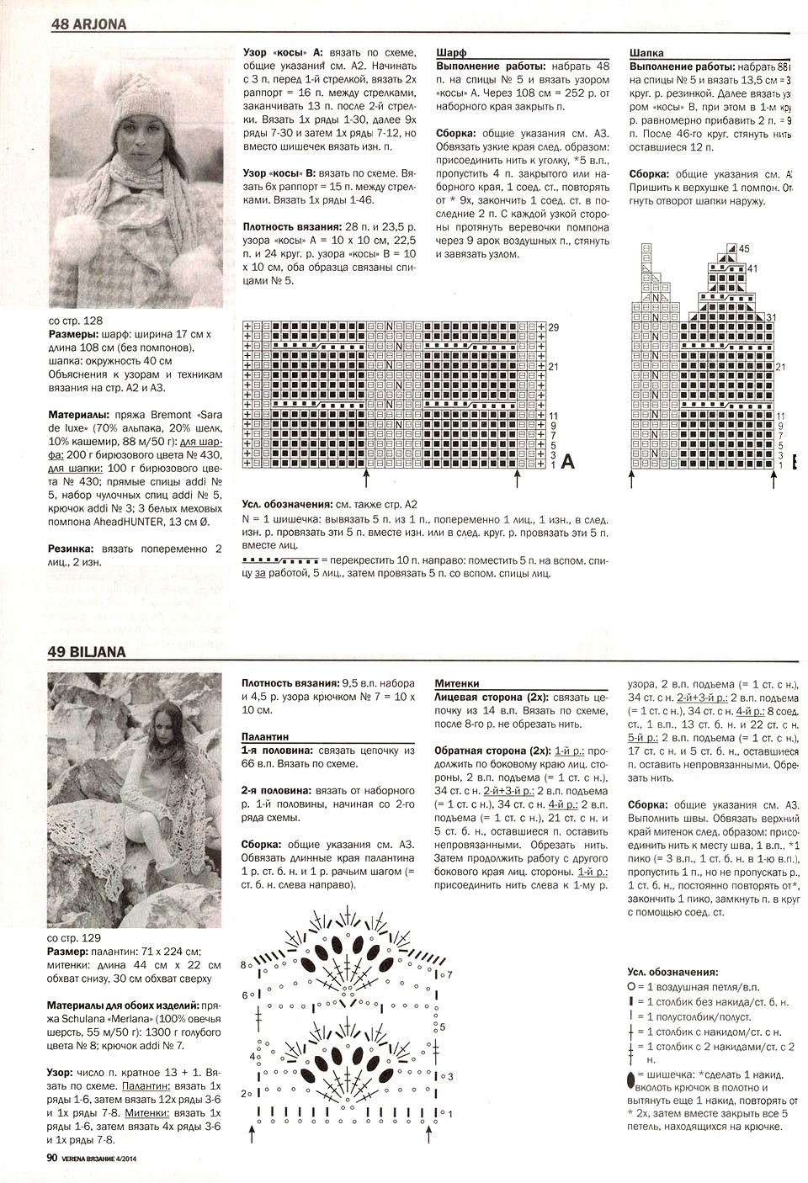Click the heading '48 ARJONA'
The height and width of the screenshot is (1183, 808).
pos(88,24)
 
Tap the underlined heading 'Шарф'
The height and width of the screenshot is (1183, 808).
pos(451,52)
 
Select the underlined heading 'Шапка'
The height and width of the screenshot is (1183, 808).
pos(646,53)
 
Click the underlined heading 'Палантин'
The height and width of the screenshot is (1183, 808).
pos(265,735)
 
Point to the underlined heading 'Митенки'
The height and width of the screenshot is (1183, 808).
pos(457,684)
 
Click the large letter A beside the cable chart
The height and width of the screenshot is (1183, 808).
pos(567,461)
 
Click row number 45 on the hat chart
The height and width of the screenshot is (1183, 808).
pos(743,249)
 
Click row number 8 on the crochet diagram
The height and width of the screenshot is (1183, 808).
pos(243,964)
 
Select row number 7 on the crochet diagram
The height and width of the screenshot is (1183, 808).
pos(450,975)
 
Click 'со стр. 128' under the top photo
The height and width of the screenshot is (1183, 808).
pos(75,321)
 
